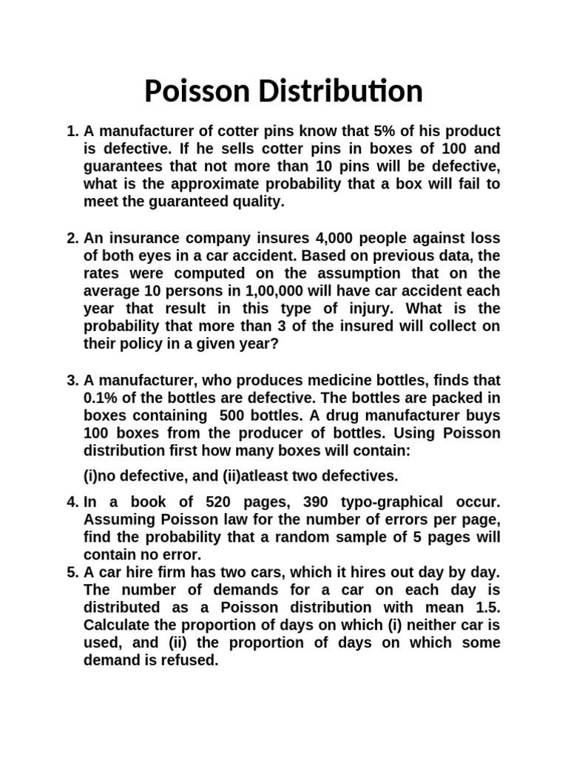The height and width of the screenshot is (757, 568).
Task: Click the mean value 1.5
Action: tap(487, 608)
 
